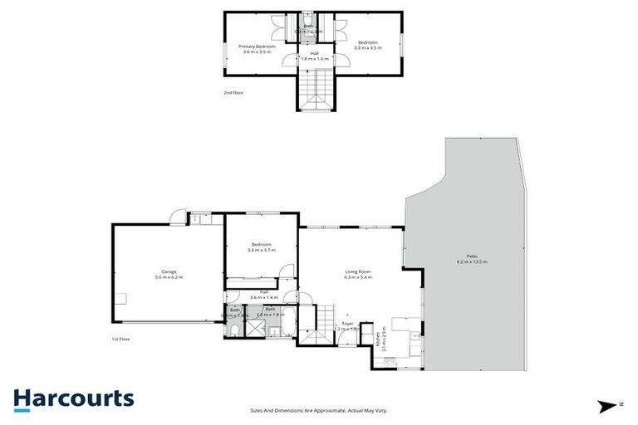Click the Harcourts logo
point(73,398)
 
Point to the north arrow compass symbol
point(610,406)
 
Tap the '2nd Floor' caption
point(233,93)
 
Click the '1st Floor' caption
point(121,339)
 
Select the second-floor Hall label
point(314,56)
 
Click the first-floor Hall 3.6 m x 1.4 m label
point(263,295)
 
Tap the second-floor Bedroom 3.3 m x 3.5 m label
point(367,45)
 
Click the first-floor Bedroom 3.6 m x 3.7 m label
point(261,247)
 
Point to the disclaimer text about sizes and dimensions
point(319,409)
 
